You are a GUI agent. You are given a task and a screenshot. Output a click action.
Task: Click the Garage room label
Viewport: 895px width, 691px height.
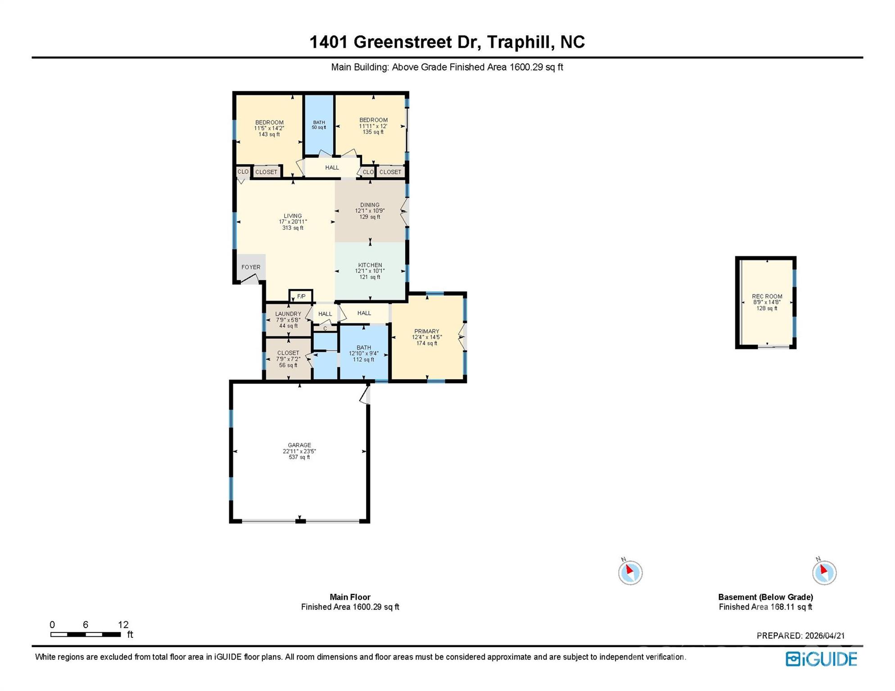299,451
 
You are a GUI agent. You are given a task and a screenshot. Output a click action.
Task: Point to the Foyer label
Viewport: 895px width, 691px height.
251,267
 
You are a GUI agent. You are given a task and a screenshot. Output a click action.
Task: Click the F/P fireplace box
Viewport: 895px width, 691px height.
301,296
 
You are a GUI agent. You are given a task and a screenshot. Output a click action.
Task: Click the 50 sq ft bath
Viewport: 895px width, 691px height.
319,125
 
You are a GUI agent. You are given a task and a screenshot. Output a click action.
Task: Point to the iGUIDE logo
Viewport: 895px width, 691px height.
821,659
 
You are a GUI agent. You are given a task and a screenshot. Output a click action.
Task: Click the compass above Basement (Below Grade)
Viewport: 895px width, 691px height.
824,572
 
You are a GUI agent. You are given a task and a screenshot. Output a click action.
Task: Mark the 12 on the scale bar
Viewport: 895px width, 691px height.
123,624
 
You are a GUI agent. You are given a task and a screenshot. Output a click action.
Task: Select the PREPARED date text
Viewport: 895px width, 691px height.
800,636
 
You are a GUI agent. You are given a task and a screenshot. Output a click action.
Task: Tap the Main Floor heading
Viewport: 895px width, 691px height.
350,597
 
